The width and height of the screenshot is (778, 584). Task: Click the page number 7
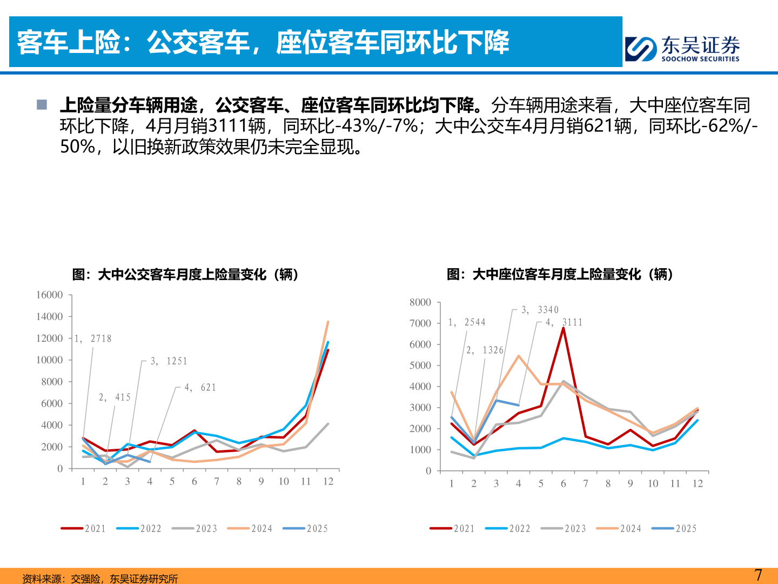(758, 575)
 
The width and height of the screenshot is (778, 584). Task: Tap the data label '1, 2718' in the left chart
(93, 339)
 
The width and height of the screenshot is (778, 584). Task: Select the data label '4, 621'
(200, 387)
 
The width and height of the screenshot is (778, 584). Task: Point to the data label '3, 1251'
(169, 361)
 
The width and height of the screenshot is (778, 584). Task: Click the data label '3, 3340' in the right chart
(540, 310)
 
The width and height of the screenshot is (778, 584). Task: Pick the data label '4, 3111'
(564, 322)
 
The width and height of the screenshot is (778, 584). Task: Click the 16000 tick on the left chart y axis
(50, 295)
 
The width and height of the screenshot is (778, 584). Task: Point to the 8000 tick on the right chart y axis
(420, 302)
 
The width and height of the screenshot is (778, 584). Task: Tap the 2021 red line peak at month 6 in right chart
(564, 328)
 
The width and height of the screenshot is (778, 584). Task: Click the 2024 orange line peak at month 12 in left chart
(328, 322)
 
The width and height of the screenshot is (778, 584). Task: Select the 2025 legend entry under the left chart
(306, 528)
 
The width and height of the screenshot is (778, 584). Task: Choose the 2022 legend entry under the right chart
(508, 528)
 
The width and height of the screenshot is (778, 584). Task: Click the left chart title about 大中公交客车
(185, 274)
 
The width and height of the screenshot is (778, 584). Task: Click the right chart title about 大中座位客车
(560, 274)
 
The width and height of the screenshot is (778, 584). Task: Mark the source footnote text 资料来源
(100, 578)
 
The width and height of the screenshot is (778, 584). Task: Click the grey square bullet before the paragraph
(42, 104)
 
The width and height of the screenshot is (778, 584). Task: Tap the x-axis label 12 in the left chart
(328, 481)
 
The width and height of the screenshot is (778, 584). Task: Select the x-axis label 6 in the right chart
(563, 483)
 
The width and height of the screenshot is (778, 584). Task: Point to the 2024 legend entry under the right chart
(619, 528)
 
